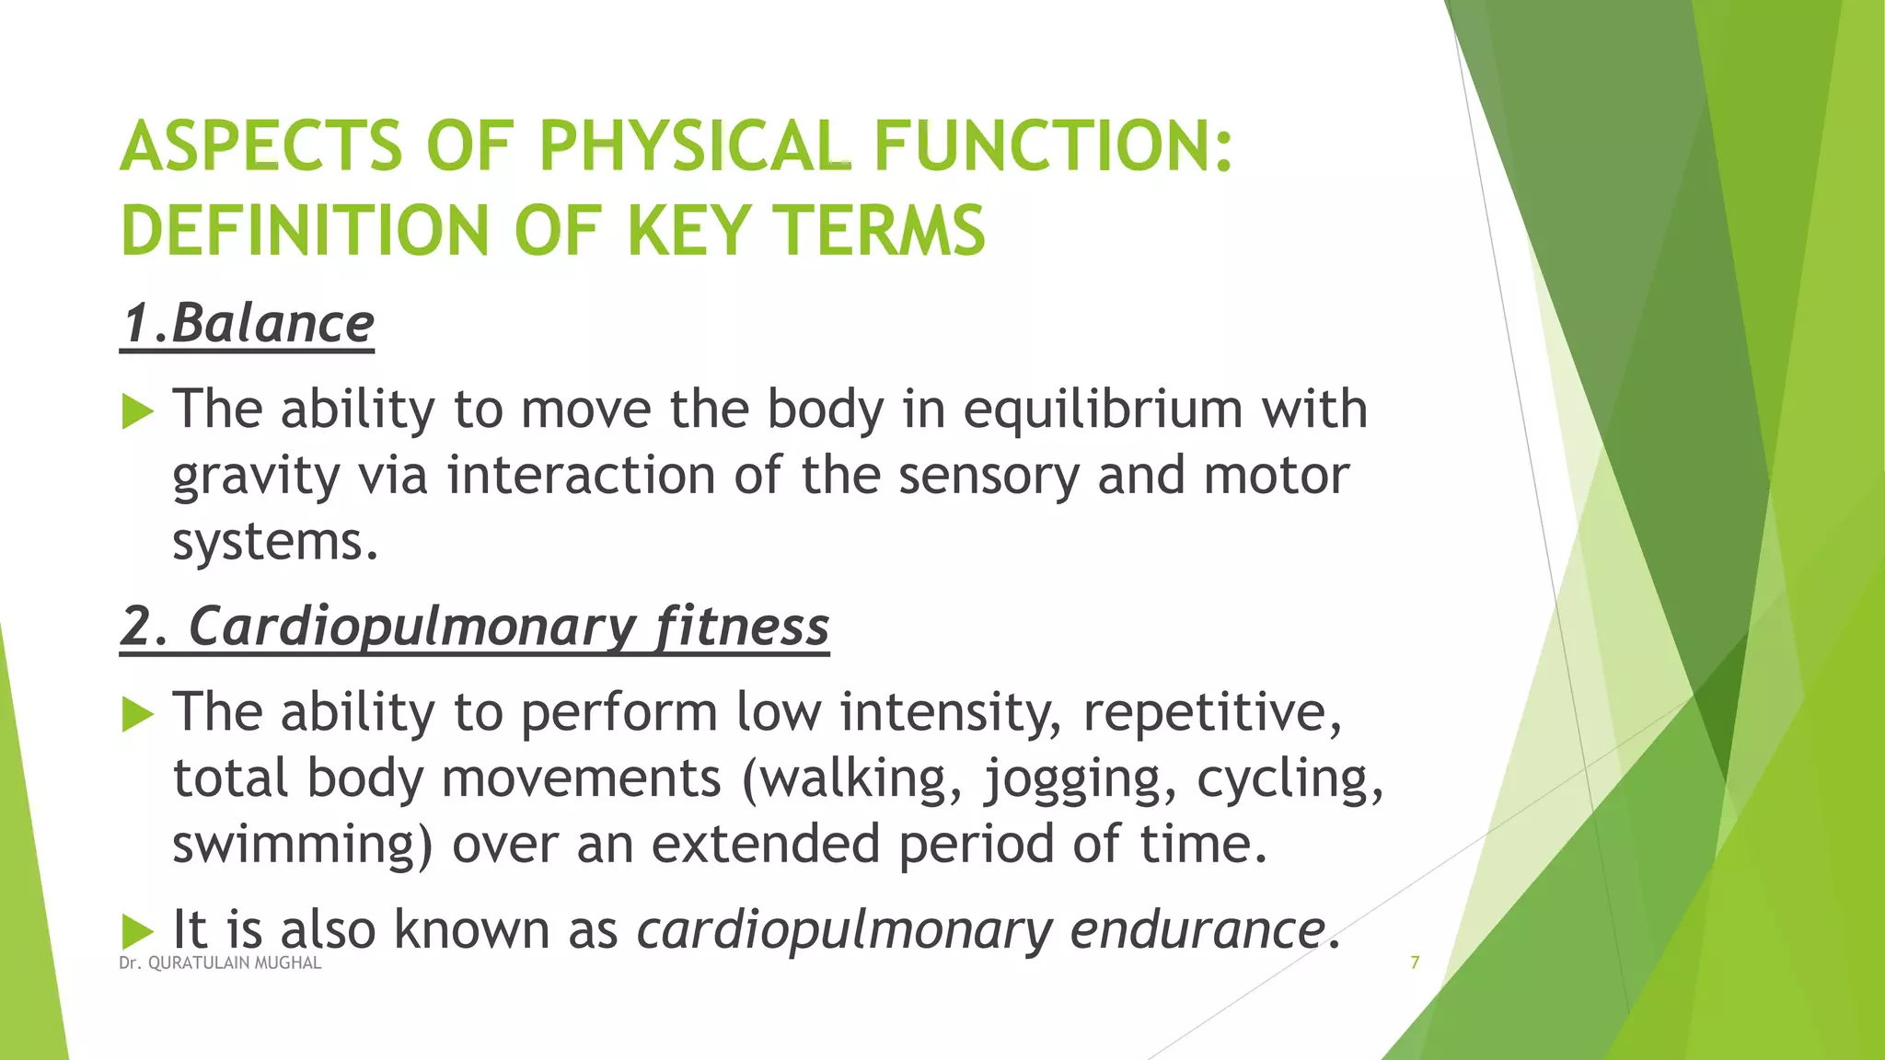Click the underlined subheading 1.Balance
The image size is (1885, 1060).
click(x=248, y=323)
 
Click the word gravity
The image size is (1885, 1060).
click(x=256, y=477)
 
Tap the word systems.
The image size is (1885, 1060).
click(x=275, y=541)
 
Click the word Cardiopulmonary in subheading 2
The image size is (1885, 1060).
click(x=412, y=627)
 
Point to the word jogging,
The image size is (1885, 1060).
click(x=1081, y=778)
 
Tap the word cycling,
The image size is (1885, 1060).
click(x=1289, y=778)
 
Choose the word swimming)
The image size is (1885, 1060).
click(x=302, y=844)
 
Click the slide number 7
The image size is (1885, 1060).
click(x=1415, y=962)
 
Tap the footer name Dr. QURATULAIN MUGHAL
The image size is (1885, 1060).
click(x=220, y=963)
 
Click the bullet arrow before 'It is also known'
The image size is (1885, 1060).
click(x=137, y=931)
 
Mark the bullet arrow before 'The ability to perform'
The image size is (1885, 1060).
click(x=137, y=714)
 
